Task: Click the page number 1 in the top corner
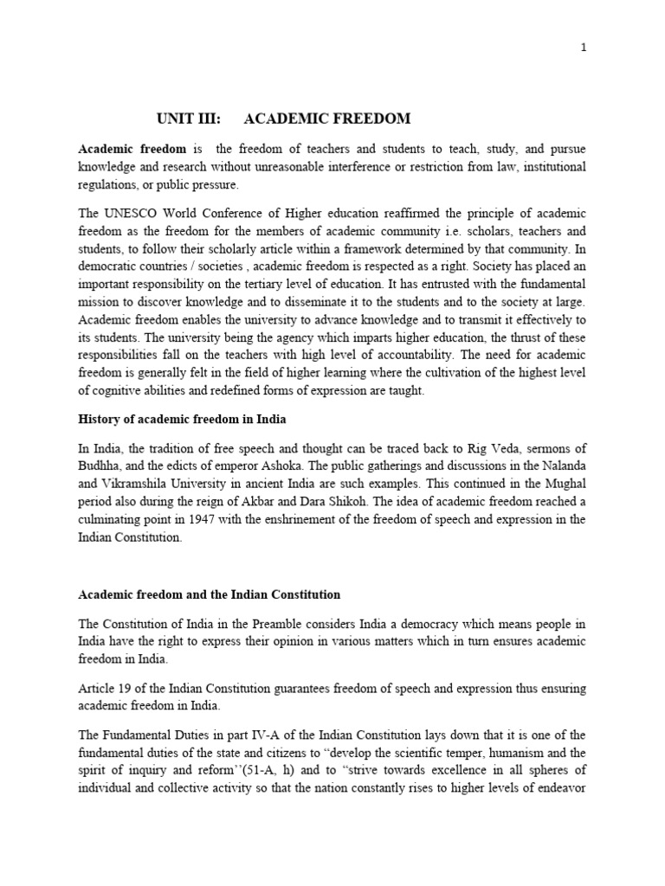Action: point(584,48)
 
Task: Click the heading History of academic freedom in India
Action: point(182,420)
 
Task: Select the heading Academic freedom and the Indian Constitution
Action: point(209,595)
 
